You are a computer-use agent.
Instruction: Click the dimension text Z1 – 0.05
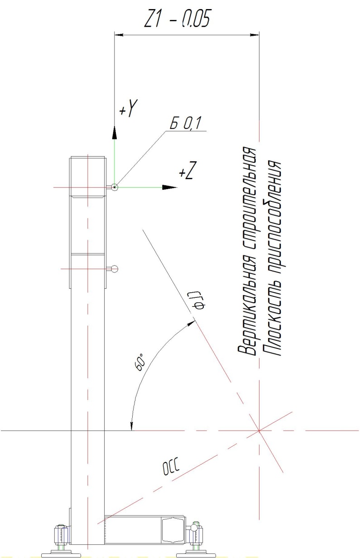click(x=177, y=19)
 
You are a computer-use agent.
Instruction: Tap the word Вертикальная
click(x=246, y=310)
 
